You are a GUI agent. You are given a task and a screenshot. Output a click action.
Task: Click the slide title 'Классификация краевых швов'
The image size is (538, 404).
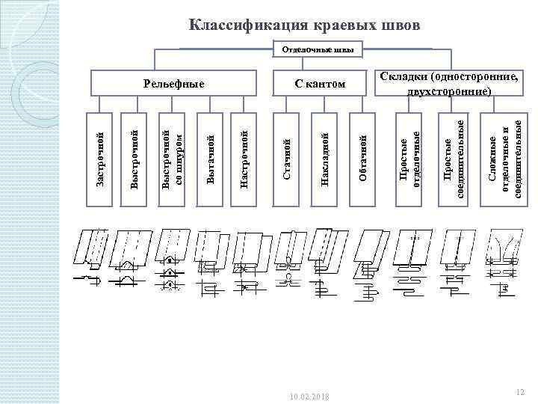(304, 25)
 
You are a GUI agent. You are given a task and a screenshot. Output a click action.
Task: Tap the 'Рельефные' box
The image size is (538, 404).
(174, 83)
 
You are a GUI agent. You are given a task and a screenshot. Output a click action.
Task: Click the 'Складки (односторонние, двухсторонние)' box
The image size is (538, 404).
(448, 85)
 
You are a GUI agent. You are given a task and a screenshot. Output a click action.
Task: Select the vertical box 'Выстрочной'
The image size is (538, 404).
(134, 159)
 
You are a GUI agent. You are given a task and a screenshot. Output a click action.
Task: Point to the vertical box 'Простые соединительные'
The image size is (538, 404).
(454, 159)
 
